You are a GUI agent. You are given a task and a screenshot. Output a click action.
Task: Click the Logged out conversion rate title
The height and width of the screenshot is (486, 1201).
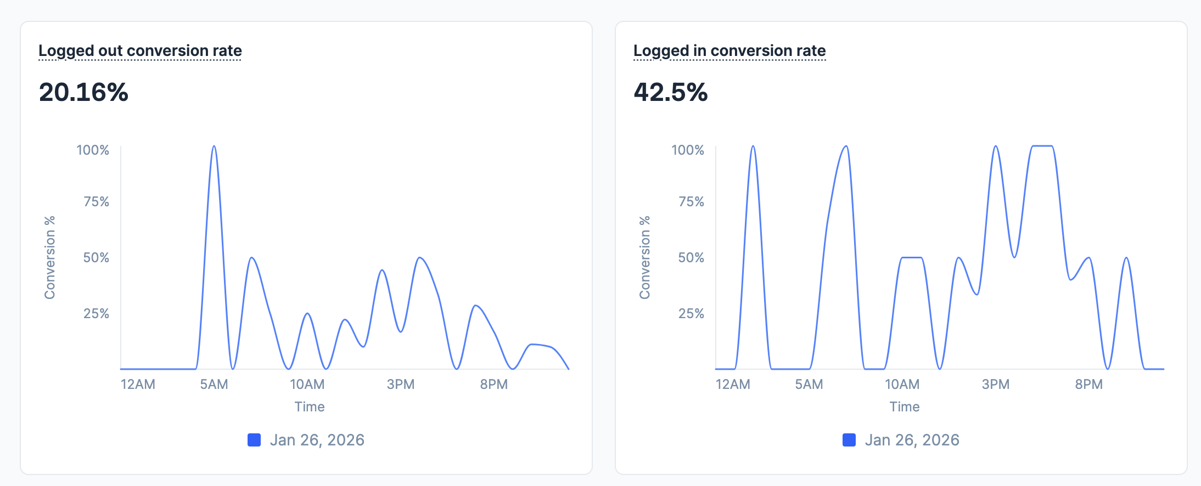(x=140, y=50)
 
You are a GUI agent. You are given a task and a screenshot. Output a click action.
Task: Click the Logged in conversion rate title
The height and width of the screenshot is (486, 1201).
(x=729, y=50)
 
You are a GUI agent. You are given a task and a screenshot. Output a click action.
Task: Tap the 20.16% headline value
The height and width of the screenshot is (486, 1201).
(x=83, y=92)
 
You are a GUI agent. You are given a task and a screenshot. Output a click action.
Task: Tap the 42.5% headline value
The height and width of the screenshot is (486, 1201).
(x=670, y=92)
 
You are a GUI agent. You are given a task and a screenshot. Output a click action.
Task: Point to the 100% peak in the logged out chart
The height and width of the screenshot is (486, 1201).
(x=214, y=146)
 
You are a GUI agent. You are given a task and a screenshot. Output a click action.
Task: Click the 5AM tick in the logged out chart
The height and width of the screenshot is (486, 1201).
(x=214, y=384)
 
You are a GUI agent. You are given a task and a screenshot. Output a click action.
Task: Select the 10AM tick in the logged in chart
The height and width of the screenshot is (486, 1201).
(x=902, y=384)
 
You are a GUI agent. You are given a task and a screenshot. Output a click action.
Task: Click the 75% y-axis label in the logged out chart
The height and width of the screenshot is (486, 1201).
(x=96, y=201)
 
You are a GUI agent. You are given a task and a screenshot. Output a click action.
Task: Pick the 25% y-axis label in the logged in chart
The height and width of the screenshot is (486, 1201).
(x=691, y=313)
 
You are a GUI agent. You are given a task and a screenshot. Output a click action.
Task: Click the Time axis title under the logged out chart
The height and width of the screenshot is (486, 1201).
(x=310, y=406)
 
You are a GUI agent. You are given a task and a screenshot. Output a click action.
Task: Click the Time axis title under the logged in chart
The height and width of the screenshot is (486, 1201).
(x=905, y=406)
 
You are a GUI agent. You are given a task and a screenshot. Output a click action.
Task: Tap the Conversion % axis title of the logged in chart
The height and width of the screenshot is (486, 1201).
(x=644, y=257)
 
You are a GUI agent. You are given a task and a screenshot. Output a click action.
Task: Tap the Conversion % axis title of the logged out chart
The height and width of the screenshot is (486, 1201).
(x=49, y=257)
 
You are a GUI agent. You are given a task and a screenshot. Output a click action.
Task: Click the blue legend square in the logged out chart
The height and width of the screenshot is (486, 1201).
(x=254, y=440)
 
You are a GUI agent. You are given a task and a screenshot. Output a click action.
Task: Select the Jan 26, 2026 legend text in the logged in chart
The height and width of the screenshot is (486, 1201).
(x=912, y=440)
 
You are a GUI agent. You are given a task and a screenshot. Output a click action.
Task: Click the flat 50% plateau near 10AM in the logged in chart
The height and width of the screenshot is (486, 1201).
(x=912, y=257)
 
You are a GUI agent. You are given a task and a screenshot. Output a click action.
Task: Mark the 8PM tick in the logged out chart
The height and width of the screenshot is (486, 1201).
(x=493, y=384)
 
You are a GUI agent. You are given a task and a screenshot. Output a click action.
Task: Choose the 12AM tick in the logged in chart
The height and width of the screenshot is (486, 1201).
(x=733, y=384)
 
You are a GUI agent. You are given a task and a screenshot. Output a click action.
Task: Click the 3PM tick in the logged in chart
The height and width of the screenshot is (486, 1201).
(x=995, y=384)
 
